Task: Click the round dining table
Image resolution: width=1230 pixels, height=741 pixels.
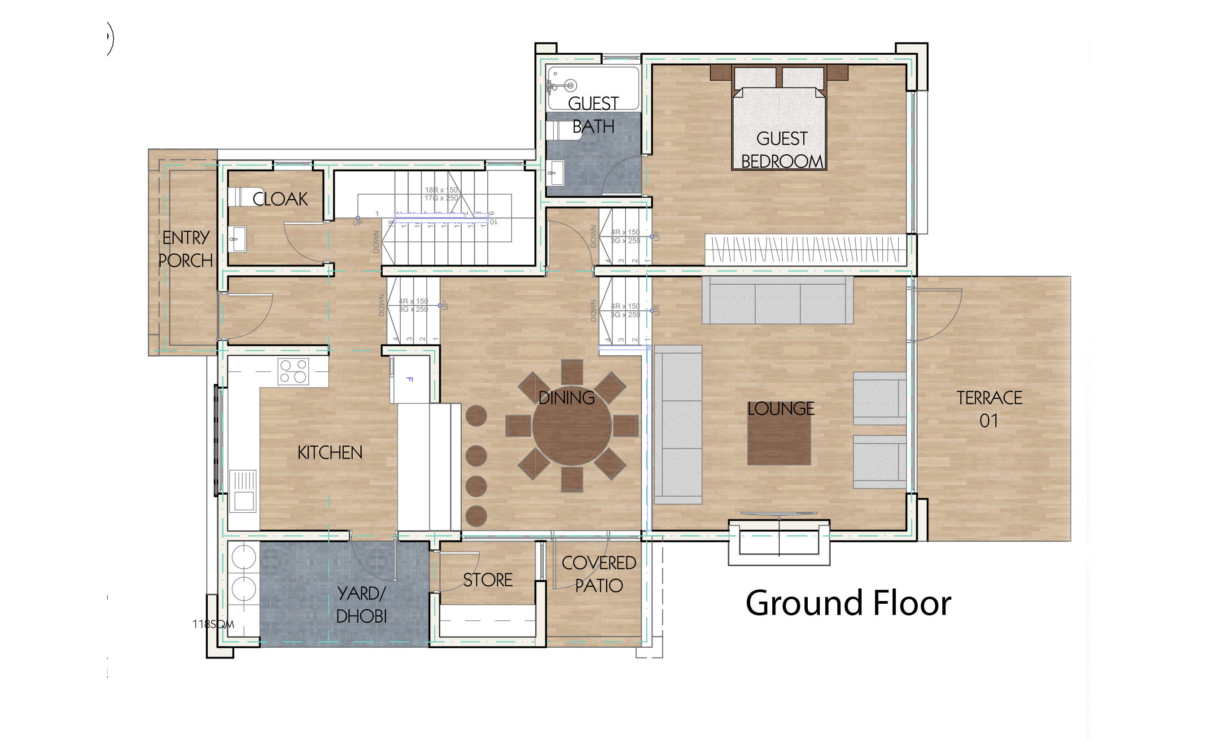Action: click(572, 426)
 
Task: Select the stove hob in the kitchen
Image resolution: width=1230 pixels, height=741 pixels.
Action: click(293, 371)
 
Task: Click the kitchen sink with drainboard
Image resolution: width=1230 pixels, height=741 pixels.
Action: click(243, 491)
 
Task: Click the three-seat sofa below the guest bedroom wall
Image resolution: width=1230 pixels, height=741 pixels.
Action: click(777, 301)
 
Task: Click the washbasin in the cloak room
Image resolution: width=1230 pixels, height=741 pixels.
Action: click(239, 239)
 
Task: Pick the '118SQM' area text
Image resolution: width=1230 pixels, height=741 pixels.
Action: click(213, 624)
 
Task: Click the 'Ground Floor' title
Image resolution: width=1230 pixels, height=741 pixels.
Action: click(848, 603)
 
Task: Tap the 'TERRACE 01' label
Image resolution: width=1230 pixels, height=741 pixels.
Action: click(989, 409)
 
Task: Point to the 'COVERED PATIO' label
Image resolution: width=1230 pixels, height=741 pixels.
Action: click(599, 574)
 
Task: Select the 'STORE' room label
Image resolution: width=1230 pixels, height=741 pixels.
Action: click(488, 580)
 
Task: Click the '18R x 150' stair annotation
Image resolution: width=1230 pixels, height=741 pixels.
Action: click(441, 190)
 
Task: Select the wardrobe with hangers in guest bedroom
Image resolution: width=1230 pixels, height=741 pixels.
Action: click(805, 249)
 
